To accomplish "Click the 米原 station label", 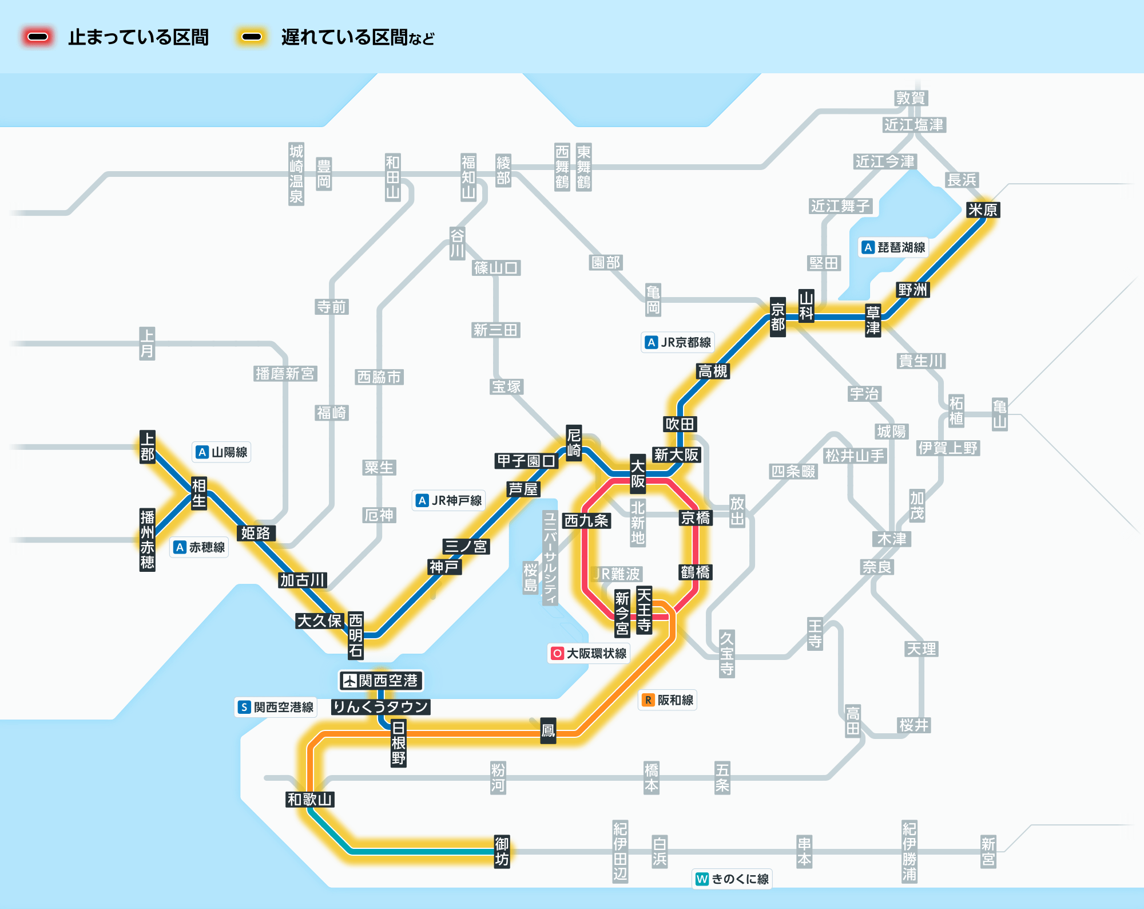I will [983, 210].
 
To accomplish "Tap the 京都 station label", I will [777, 317].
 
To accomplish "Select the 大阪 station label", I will [638, 474].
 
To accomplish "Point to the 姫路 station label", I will [255, 533].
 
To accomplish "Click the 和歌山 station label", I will [310, 799].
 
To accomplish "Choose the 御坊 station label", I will [502, 851].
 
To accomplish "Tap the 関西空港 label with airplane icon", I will [381, 681].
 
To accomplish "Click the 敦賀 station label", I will [911, 98].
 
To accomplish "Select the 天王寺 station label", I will [644, 610].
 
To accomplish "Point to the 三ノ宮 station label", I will [466, 546].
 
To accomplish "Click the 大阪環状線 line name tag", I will [589, 653].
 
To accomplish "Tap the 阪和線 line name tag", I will [668, 700].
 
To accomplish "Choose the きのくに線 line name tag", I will [732, 879].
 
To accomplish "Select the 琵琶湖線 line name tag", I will [894, 247].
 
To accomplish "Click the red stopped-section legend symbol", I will [38, 37].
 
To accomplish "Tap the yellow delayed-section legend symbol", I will [251, 37].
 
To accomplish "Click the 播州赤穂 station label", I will [148, 540].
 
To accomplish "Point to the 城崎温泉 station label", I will [296, 174].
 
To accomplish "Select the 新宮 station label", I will [988, 851].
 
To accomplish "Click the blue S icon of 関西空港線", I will [244, 707].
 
